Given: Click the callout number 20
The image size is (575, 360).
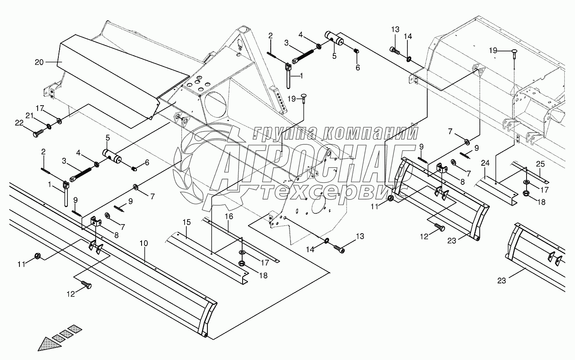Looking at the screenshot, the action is pyautogui.click(x=39, y=62).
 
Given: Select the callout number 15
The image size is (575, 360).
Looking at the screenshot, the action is pyautogui.click(x=187, y=223).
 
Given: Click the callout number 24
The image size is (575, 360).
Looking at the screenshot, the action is pyautogui.click(x=485, y=164).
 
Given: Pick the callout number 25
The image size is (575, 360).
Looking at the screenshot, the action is pyautogui.click(x=540, y=164).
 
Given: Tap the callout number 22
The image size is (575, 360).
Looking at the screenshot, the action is pyautogui.click(x=19, y=122).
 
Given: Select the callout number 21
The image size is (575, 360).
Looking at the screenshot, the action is pyautogui.click(x=29, y=116).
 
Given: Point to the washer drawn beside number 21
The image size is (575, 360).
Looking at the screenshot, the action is pyautogui.click(x=49, y=126).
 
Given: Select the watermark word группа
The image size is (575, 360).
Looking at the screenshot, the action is pyautogui.click(x=286, y=133).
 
